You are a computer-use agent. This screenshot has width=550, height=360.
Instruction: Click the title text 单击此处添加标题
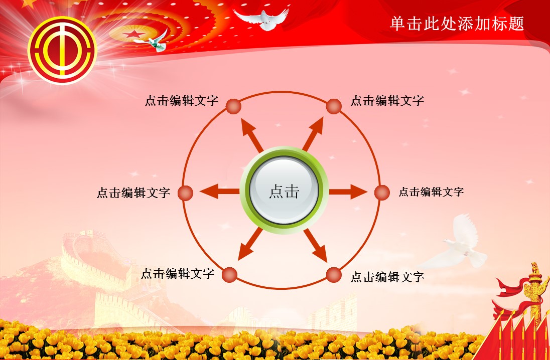coord(457,24)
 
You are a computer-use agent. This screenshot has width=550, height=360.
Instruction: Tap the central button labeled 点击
coord(284,191)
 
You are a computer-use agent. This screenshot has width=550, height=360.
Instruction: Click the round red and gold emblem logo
coord(62,49)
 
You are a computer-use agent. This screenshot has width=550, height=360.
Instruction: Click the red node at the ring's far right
coord(382,193)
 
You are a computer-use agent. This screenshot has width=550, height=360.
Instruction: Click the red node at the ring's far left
coord(186,193)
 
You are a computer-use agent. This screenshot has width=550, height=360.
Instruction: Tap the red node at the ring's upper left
coord(233,106)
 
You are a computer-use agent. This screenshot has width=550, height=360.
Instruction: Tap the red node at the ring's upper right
coord(334,106)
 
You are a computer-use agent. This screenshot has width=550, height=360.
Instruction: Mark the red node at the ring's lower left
coord(229,274)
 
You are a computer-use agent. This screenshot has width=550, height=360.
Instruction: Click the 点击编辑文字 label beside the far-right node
coord(431,192)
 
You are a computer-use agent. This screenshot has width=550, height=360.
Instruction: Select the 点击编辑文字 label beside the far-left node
coord(133,193)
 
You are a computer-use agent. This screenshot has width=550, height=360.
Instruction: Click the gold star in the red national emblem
coord(133,34)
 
